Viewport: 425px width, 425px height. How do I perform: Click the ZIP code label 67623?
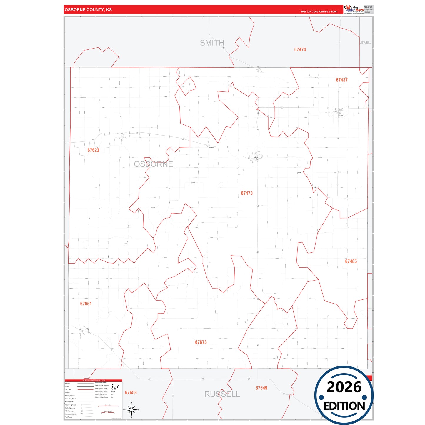point(93,150)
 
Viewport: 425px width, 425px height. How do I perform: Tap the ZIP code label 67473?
point(247,193)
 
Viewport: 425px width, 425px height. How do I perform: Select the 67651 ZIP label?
point(86,304)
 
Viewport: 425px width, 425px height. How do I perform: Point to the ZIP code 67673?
point(201,342)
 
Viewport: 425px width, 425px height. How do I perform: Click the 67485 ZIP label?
point(351,261)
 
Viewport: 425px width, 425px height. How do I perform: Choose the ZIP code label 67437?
point(342,80)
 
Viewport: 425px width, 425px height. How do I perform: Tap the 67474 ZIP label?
point(300,50)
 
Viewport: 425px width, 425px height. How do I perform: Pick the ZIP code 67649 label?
point(261,388)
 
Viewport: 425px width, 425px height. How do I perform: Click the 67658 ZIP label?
point(131,393)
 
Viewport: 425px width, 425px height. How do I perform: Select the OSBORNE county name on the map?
point(154,164)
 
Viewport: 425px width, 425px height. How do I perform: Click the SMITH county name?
point(212,43)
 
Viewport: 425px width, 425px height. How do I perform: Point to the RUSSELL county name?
point(222,394)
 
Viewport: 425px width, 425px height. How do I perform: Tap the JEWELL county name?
point(366,43)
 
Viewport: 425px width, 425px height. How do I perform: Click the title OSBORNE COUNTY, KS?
point(88,10)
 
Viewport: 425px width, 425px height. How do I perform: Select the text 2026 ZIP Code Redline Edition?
point(319,12)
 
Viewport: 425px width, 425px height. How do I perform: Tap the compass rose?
point(131,409)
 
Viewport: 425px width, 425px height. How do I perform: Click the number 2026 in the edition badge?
point(344,387)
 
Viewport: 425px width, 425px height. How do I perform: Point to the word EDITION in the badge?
point(344,406)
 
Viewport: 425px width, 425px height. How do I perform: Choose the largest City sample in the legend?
point(115,386)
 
